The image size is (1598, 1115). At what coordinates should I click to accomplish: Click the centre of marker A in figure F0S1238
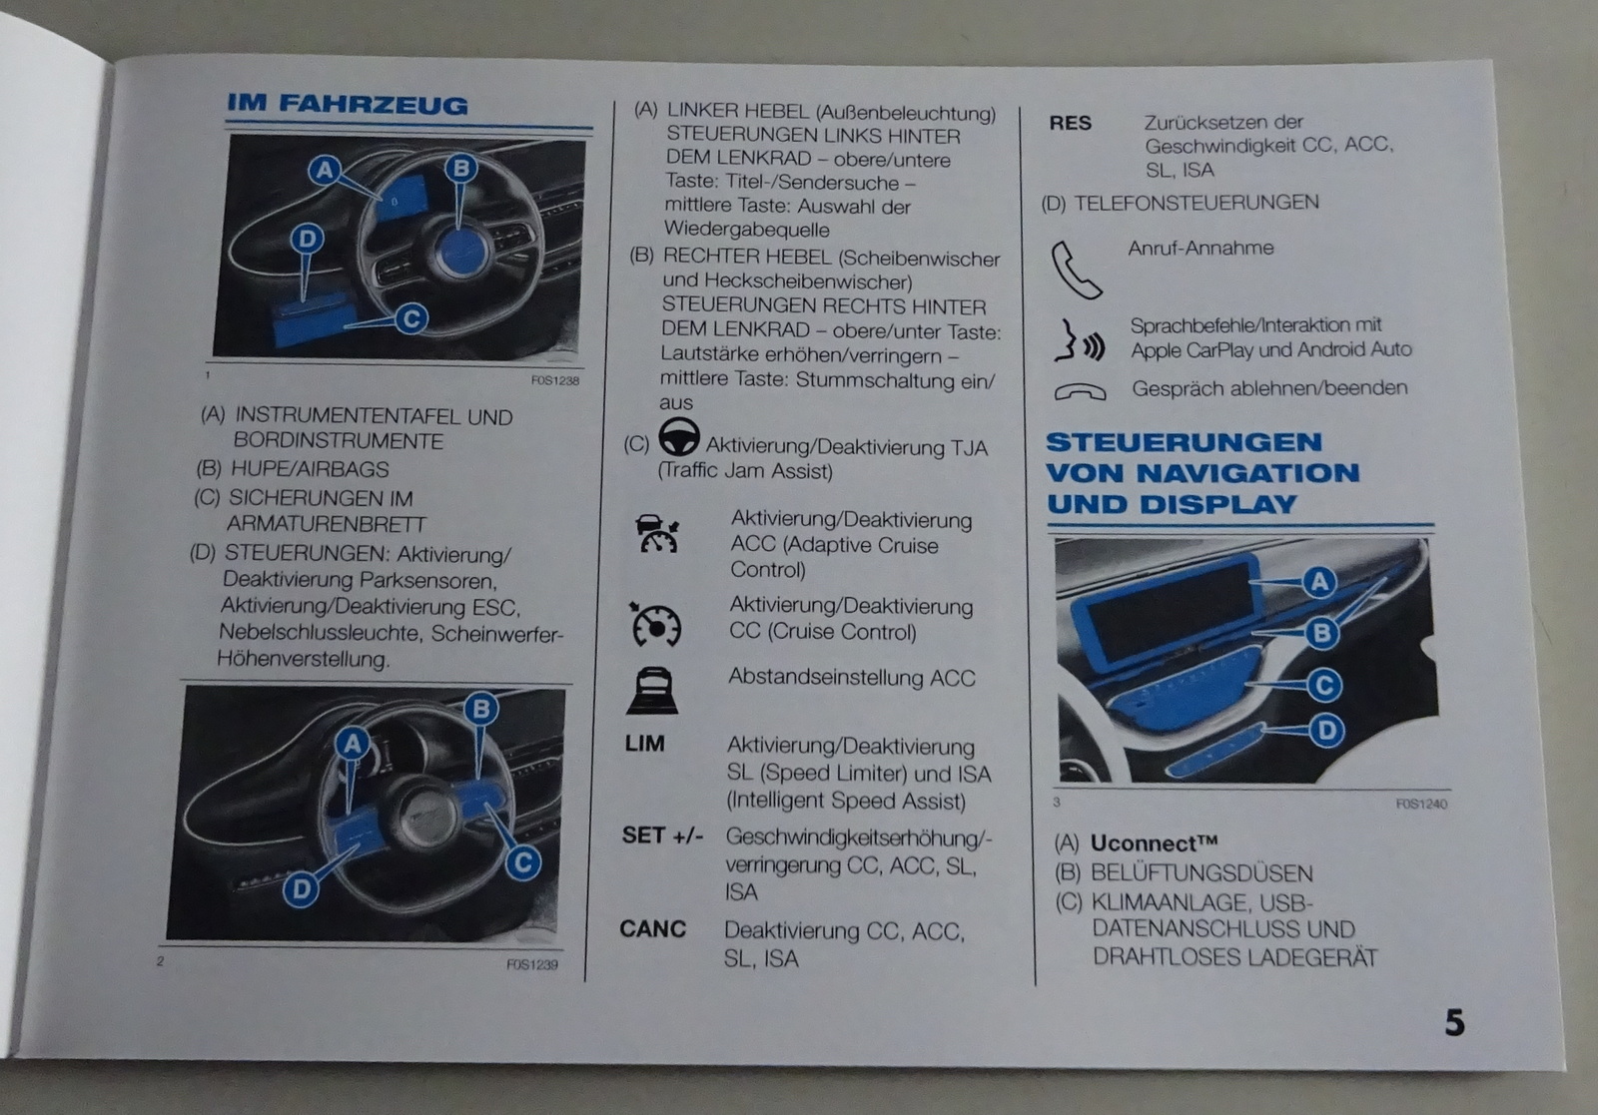325,171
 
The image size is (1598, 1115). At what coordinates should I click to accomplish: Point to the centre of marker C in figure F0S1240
1324,685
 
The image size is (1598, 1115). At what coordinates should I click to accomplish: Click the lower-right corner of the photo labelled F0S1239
556,942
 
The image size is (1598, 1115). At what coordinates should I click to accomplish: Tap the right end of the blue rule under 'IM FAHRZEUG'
593,129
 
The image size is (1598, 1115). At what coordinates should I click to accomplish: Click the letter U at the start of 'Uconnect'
1100,843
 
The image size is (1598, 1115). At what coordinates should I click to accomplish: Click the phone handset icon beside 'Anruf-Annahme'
1076,271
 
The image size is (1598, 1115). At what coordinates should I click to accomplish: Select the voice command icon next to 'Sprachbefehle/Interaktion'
1080,340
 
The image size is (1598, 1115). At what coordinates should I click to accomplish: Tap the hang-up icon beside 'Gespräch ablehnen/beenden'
1080,391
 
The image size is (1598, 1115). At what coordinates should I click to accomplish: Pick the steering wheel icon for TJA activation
678,437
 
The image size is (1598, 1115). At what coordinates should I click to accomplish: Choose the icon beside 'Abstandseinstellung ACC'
653,690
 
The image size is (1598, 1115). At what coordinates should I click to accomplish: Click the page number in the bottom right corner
1454,1022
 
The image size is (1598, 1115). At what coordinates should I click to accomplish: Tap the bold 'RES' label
1070,124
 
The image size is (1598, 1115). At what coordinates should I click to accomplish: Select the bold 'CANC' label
653,929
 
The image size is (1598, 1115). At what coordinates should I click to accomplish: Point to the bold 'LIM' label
645,744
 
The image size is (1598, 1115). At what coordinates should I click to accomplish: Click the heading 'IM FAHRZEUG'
348,104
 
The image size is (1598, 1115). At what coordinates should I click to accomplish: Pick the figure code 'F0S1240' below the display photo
1421,805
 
